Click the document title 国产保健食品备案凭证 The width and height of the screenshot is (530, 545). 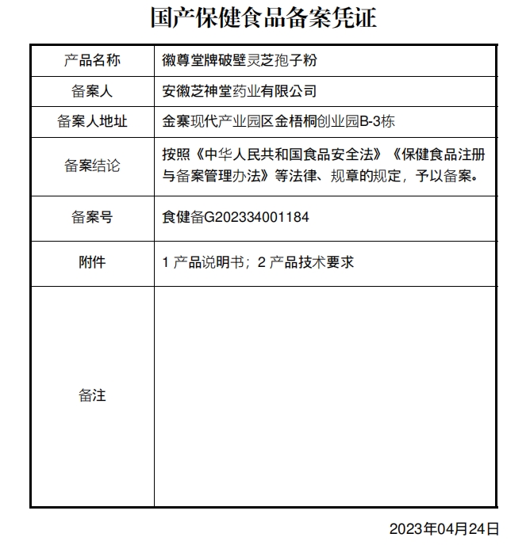(x=264, y=17)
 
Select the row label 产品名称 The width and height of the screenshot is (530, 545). (x=92, y=60)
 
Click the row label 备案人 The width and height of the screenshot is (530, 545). (x=92, y=91)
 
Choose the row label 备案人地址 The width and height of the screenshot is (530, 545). (x=92, y=122)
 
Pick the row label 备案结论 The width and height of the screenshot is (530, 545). (x=92, y=166)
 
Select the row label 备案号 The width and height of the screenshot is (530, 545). (x=92, y=216)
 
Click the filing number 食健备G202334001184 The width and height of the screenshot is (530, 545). (x=236, y=216)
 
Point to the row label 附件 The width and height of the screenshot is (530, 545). (x=92, y=262)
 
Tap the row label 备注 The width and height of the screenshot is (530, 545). (x=92, y=395)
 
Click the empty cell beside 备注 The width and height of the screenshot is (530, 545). (x=325, y=395)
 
